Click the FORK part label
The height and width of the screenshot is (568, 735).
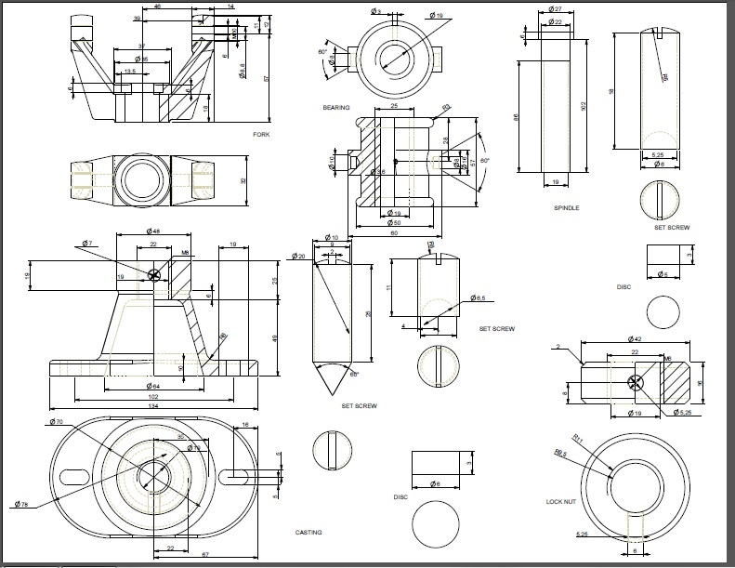pos(261,135)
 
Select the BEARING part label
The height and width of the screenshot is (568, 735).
pos(336,108)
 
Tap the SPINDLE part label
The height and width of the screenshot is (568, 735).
pos(566,207)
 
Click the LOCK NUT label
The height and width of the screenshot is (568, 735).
pos(562,502)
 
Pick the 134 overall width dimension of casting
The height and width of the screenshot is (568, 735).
pos(153,405)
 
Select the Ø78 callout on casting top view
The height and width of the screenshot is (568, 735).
pos(22,504)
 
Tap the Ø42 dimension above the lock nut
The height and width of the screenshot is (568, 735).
pos(635,339)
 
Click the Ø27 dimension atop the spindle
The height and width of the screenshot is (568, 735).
pos(556,9)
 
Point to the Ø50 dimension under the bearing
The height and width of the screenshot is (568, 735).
pos(395,223)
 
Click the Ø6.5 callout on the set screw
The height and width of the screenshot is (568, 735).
pos(479,298)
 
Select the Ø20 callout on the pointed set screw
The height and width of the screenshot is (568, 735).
pos(299,256)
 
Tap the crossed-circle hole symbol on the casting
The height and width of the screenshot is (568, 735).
pos(154,274)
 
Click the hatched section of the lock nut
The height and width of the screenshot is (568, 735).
pos(676,381)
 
